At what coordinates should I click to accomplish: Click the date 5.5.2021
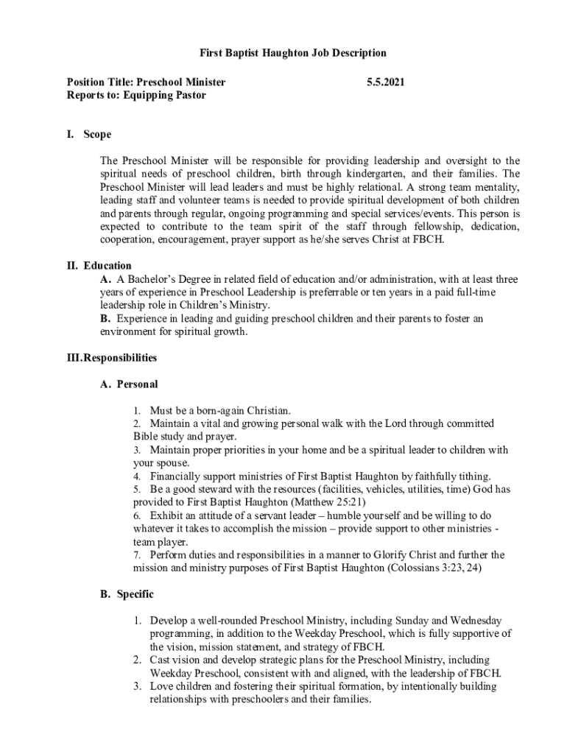(385, 82)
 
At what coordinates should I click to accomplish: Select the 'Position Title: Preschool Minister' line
(146, 82)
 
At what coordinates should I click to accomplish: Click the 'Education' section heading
(108, 266)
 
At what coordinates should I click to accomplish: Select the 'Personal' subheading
(137, 384)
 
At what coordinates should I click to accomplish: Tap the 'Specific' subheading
(135, 593)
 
